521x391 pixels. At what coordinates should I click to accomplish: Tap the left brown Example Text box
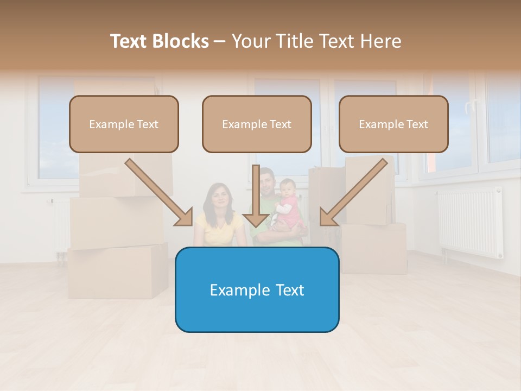coord(124,124)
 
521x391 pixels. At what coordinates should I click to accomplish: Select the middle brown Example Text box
coord(257,124)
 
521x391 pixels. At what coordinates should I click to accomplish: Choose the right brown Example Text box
coord(393,124)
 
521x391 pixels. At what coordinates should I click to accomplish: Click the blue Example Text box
coord(257,289)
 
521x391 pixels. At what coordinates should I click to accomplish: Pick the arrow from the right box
coord(356,192)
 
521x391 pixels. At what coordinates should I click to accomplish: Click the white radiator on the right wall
coord(470,223)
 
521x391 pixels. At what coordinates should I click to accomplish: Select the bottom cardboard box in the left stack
coord(118,271)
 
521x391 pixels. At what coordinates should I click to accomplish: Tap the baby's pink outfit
coord(290,211)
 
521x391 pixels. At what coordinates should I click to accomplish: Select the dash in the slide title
coord(220,41)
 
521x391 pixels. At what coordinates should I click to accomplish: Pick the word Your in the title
coord(250,41)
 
